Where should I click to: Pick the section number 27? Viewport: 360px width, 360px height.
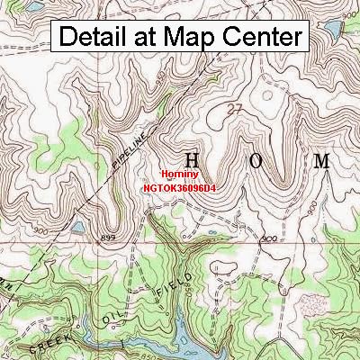pos(237,110)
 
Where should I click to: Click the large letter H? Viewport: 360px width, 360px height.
pos(191,161)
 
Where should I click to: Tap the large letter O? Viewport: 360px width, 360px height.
pos(256,161)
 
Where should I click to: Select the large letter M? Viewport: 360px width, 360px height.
pos(320,161)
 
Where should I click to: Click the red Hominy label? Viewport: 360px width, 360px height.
pos(178,175)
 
